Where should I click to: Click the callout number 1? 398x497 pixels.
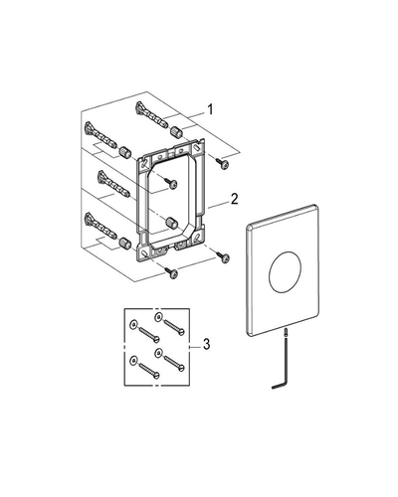pos(210,109)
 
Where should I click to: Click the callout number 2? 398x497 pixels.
pos(234,199)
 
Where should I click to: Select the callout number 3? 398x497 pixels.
pos(206,344)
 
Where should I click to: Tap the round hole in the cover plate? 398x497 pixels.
pos(286,272)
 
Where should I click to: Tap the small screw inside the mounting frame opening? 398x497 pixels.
pos(170,183)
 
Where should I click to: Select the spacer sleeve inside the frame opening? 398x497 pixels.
pos(171,222)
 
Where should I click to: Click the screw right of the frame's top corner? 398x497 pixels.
pos(222,163)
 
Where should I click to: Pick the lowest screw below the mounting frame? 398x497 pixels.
pos(171,272)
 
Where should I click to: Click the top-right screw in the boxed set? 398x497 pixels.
pos(173,327)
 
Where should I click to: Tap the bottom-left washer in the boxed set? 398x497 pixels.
pos(133,359)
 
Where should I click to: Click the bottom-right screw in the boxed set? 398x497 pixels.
pos(173,364)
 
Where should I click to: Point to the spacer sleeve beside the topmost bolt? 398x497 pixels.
pos(176,133)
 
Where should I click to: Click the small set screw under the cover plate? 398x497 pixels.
pos(286,332)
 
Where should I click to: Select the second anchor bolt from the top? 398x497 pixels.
pos(100,135)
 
